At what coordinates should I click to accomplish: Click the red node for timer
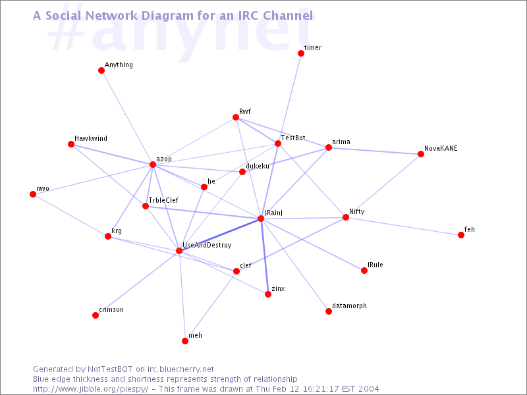(x=301, y=53)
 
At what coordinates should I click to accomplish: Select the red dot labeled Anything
(x=101, y=70)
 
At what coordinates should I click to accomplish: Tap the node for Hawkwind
(x=71, y=144)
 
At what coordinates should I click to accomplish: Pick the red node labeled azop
(x=153, y=165)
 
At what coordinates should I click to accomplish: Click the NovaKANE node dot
(x=421, y=154)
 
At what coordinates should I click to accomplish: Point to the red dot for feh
(x=461, y=235)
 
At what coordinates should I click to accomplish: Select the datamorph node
(x=329, y=311)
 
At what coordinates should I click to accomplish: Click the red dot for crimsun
(x=96, y=315)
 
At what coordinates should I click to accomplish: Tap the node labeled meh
(x=185, y=341)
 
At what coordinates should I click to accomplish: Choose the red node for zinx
(x=268, y=294)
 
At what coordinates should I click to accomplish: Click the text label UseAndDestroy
(x=207, y=245)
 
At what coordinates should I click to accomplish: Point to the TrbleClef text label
(x=163, y=200)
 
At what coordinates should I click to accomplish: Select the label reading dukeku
(x=258, y=166)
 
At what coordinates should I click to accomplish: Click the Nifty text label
(x=356, y=211)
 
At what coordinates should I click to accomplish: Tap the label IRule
(x=375, y=265)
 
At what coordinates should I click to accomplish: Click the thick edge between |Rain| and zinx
(x=264, y=256)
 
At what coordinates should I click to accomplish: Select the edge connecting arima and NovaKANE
(x=375, y=151)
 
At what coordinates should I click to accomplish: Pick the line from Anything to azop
(x=127, y=118)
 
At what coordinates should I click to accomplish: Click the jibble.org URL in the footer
(x=90, y=389)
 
